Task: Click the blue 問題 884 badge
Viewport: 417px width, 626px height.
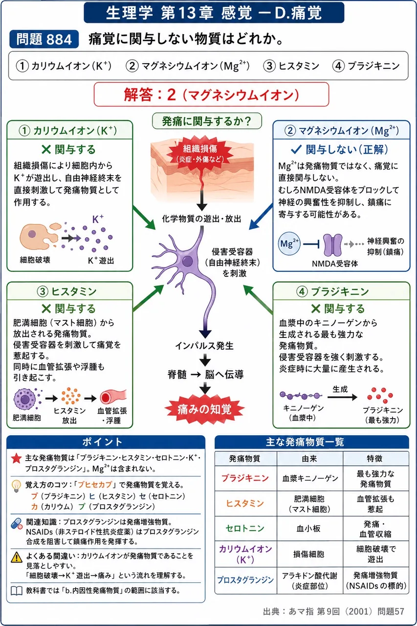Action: tap(44, 39)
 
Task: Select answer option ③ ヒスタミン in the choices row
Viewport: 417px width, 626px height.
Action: tap(291, 66)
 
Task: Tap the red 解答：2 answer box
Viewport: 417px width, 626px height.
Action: tap(211, 94)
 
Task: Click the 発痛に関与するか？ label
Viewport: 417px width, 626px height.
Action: tap(207, 121)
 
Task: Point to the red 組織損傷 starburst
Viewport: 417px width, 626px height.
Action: tap(200, 154)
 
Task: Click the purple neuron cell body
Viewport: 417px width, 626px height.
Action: tap(187, 262)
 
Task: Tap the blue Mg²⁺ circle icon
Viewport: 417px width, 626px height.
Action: tap(289, 244)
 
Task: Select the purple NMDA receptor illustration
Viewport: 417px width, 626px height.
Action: tap(332, 245)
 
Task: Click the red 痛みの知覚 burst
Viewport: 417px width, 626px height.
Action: tap(205, 409)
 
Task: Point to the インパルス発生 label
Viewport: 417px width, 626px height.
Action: tap(204, 346)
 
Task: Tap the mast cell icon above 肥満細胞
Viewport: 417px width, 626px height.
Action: tap(25, 399)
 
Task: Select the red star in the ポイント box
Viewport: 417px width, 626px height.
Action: tap(17, 458)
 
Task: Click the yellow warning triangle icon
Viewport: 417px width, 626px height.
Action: tap(17, 557)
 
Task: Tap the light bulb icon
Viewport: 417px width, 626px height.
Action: tap(16, 486)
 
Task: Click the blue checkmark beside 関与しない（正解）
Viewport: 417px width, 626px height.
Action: tap(296, 150)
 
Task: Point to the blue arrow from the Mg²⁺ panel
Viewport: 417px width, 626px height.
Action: tap(261, 217)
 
